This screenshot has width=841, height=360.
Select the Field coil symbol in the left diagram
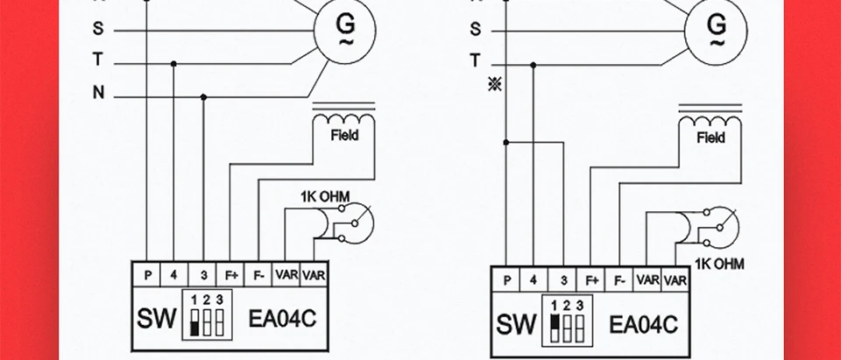point(344,118)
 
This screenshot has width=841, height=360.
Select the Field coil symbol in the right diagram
point(710,121)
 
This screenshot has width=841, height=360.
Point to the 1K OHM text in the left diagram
point(323,195)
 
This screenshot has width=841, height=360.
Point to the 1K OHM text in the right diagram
point(718,264)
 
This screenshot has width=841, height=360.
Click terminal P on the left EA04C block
point(148,274)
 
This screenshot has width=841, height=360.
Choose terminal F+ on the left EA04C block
point(231,274)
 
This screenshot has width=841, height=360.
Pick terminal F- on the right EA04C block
point(619,280)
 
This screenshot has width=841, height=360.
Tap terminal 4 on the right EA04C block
point(533,280)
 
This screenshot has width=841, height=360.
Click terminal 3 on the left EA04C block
point(203,274)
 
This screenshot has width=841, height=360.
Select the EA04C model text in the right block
point(643,324)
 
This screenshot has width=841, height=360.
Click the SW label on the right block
point(515,324)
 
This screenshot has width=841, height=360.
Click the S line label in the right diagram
point(475,29)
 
